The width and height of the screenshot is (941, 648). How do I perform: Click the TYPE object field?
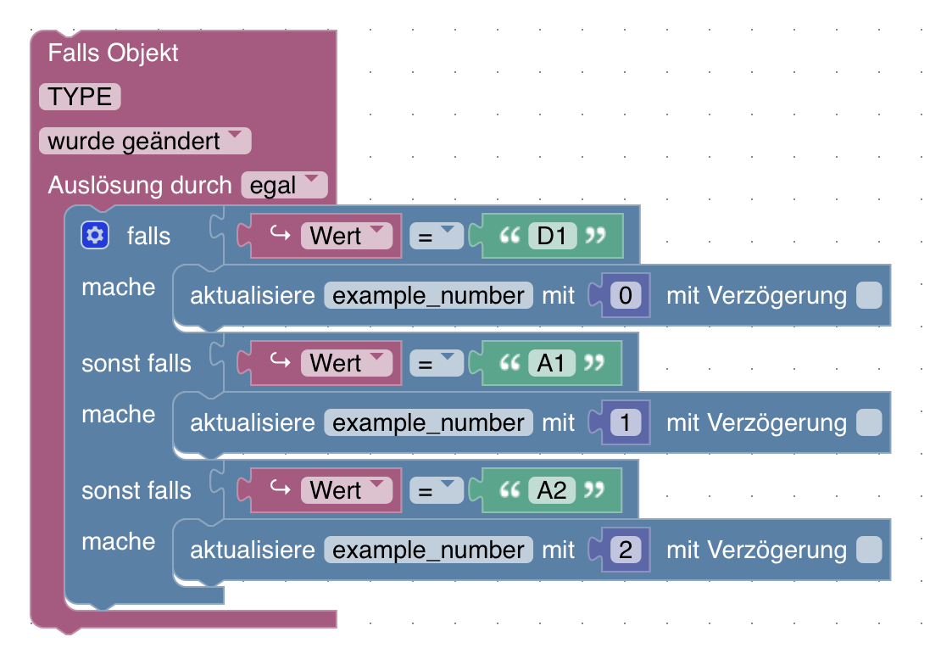tap(80, 97)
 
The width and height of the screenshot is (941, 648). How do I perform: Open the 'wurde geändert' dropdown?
tap(145, 141)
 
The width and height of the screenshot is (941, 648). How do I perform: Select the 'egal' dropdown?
tap(285, 185)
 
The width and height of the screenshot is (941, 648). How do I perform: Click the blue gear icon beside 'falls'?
tap(95, 236)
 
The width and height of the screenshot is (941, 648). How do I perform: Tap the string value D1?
tap(552, 236)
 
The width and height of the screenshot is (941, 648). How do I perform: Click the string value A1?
tap(552, 363)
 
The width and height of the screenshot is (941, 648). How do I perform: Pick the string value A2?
tap(552, 490)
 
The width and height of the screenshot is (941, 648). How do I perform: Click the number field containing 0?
tap(626, 295)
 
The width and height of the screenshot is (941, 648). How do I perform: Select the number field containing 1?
tap(626, 422)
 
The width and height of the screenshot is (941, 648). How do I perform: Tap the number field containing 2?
tap(626, 550)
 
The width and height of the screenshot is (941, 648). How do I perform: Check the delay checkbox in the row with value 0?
tap(869, 295)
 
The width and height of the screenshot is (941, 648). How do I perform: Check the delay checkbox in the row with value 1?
tap(869, 422)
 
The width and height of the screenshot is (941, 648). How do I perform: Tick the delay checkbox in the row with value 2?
tap(869, 550)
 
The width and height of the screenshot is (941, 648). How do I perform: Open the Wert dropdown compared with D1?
tap(346, 236)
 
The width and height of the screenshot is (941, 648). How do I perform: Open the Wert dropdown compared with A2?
tap(346, 490)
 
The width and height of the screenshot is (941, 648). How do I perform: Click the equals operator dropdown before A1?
tap(437, 363)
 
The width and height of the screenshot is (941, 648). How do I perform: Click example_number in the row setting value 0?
tap(428, 295)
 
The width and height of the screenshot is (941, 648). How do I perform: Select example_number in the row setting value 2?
tap(428, 550)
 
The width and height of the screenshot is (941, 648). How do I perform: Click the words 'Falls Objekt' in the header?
tap(113, 53)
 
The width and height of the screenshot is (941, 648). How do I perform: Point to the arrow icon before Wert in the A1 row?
tap(281, 360)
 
